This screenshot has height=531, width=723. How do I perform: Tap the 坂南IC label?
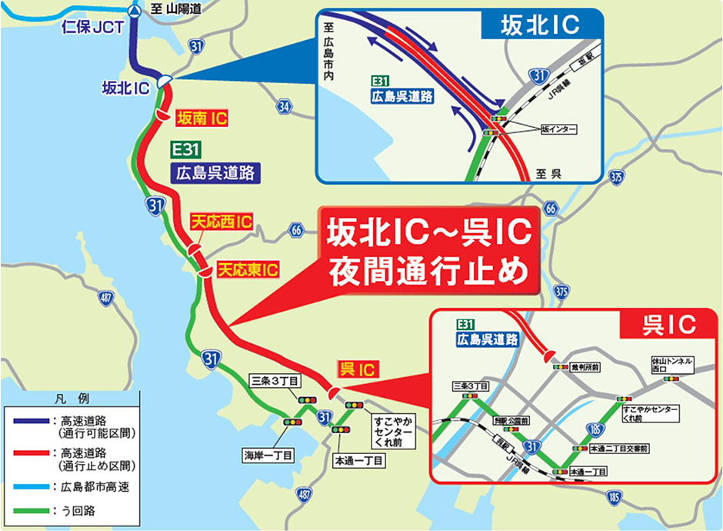[x=202, y=119]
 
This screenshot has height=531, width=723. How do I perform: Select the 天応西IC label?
[x=221, y=222]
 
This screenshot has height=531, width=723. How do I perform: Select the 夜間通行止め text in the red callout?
[x=430, y=272]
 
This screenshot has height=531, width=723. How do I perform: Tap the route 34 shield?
[x=285, y=105]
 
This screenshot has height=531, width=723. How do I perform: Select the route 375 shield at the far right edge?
[x=615, y=177]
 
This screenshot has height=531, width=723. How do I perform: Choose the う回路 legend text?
[x=75, y=510]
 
